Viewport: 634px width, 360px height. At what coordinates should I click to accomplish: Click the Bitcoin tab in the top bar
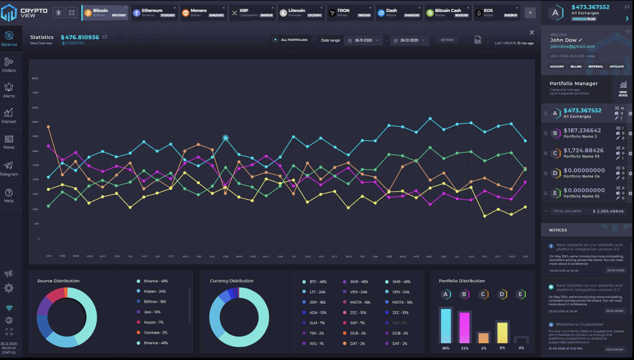tap(105, 13)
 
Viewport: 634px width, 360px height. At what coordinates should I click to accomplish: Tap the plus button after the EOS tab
tap(530, 13)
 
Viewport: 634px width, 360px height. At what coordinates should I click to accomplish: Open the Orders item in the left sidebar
tap(9, 65)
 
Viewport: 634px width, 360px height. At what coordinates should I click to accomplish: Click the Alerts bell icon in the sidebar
tap(9, 87)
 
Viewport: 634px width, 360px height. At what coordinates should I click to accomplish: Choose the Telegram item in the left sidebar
tap(9, 168)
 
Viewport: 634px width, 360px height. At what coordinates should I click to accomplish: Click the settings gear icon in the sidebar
tap(9, 288)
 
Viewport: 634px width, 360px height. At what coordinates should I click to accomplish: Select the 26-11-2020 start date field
tap(363, 41)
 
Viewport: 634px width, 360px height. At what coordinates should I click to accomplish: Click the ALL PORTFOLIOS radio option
tap(276, 40)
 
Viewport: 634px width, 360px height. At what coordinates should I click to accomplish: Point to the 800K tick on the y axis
tap(36, 78)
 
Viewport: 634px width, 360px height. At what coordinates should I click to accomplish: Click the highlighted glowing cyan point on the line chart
tap(226, 138)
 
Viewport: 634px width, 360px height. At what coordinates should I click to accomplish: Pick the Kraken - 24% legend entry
tap(155, 292)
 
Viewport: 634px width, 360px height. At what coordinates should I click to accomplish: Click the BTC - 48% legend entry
tap(318, 281)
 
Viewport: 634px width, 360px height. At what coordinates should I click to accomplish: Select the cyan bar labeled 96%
tap(446, 326)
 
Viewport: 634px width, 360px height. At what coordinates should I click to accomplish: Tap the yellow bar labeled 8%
tap(502, 332)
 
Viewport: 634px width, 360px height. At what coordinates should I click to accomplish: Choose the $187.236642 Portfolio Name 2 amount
tap(582, 131)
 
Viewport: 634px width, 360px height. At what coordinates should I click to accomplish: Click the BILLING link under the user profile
tap(576, 66)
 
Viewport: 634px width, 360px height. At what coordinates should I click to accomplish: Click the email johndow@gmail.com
tap(572, 47)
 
